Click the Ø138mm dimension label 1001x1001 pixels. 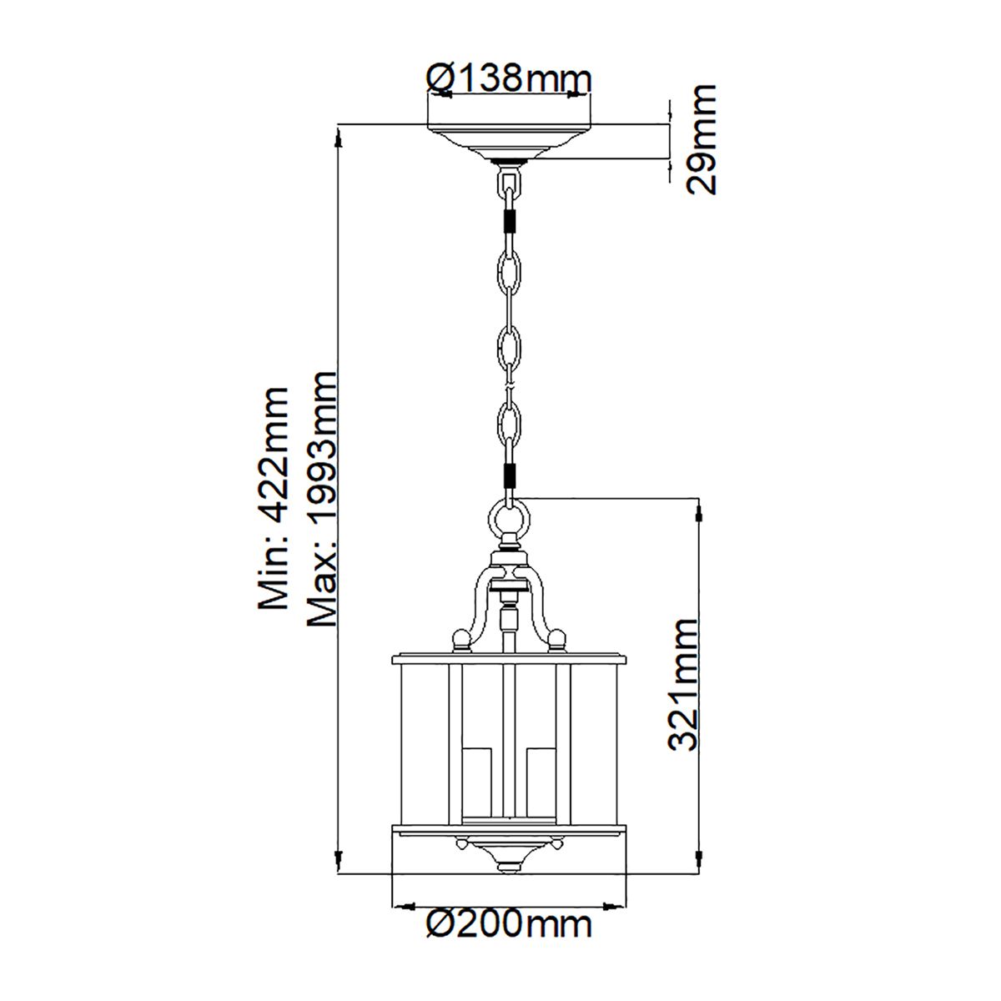pyautogui.click(x=508, y=79)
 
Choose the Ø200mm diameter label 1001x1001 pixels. pyautogui.click(x=508, y=924)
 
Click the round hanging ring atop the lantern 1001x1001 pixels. pyautogui.click(x=508, y=519)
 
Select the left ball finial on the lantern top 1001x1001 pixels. pyautogui.click(x=460, y=641)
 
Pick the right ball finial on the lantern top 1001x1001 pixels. pyautogui.click(x=556, y=641)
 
